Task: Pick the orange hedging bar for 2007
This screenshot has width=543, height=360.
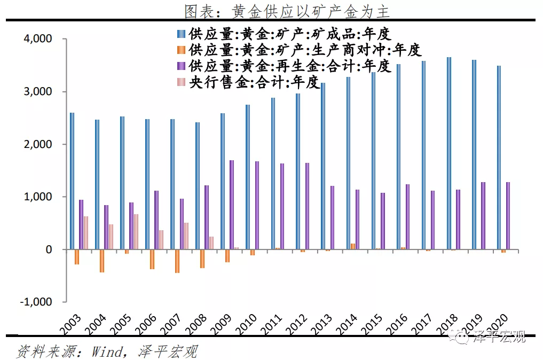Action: coord(177,261)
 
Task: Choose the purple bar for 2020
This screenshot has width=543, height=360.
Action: coord(508,216)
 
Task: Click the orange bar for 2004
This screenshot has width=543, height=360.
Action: coord(102,261)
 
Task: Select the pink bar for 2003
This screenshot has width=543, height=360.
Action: coord(86,233)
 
